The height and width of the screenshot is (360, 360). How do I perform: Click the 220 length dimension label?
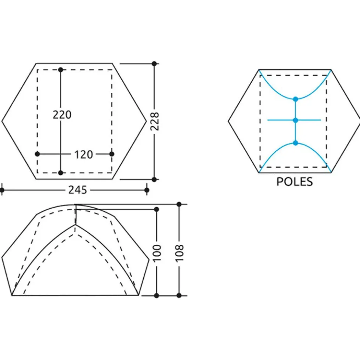click(62, 114)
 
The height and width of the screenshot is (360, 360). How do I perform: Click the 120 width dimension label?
click(83, 154)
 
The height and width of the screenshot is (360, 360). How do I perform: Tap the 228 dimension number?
click(155, 121)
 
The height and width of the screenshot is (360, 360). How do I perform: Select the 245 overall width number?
click(78, 190)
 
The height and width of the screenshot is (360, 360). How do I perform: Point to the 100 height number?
click(157, 253)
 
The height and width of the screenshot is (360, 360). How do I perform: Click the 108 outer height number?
click(179, 253)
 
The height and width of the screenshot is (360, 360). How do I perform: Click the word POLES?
click(295, 182)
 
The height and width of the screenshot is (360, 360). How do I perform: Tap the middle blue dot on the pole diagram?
click(296, 120)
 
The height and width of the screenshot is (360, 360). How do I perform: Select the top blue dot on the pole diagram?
click(296, 99)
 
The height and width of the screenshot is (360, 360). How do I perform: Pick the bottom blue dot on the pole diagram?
click(296, 143)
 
